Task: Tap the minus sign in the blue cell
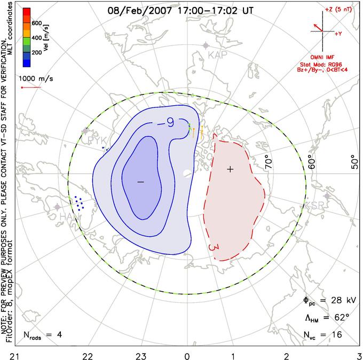click(141, 182)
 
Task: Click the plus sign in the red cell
click(230, 169)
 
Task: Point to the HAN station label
click(67, 217)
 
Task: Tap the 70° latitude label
click(268, 160)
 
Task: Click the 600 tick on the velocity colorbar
click(36, 24)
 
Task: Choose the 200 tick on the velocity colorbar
click(36, 52)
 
